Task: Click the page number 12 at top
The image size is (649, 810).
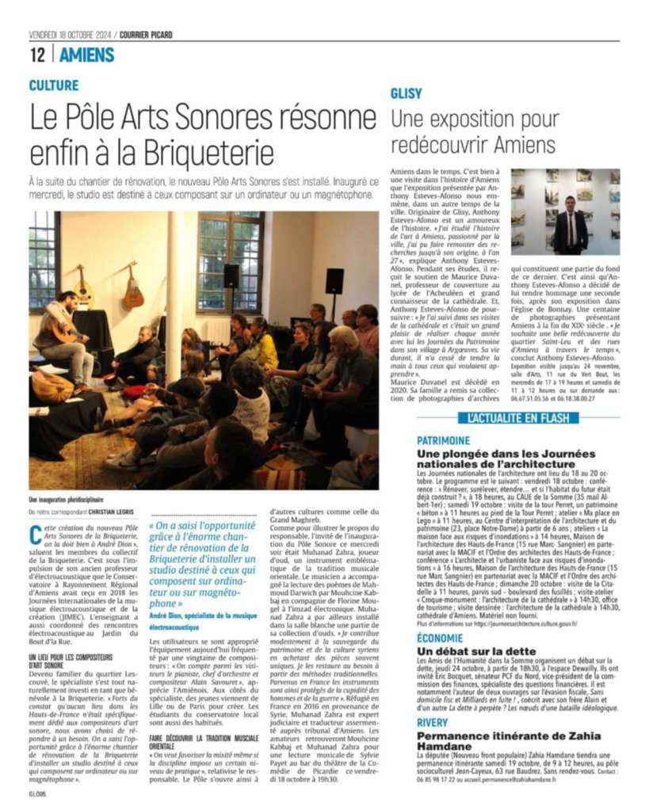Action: pyautogui.click(x=37, y=55)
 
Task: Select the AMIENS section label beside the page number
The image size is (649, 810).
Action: pyautogui.click(x=87, y=55)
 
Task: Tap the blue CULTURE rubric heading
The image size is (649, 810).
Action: pyautogui.click(x=54, y=85)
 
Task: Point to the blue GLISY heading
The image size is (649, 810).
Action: pyautogui.click(x=406, y=93)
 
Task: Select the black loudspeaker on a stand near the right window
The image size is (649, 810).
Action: pyautogui.click(x=334, y=282)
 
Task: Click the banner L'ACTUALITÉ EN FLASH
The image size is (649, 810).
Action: pyautogui.click(x=518, y=417)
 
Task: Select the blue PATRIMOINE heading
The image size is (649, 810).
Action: pyautogui.click(x=443, y=440)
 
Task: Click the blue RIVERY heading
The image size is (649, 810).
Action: pyautogui.click(x=433, y=722)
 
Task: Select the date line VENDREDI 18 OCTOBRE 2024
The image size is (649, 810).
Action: pyautogui.click(x=71, y=35)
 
